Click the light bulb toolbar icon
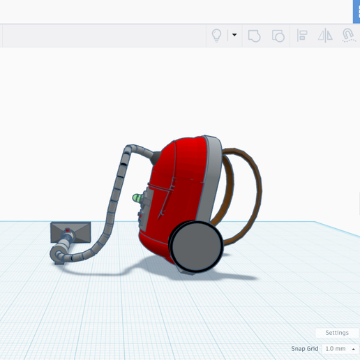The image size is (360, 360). click(x=216, y=36)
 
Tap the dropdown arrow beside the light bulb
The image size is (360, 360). click(x=234, y=35)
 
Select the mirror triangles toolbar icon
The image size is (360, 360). click(x=325, y=36)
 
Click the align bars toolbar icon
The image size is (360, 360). click(x=302, y=36)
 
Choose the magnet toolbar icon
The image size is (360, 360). click(x=349, y=36)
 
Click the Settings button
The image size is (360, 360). click(x=337, y=333)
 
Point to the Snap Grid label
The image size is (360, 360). click(x=305, y=349)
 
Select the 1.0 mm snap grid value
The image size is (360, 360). click(x=336, y=349)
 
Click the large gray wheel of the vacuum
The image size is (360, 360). click(x=197, y=246)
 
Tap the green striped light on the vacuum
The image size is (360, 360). click(x=137, y=198)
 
